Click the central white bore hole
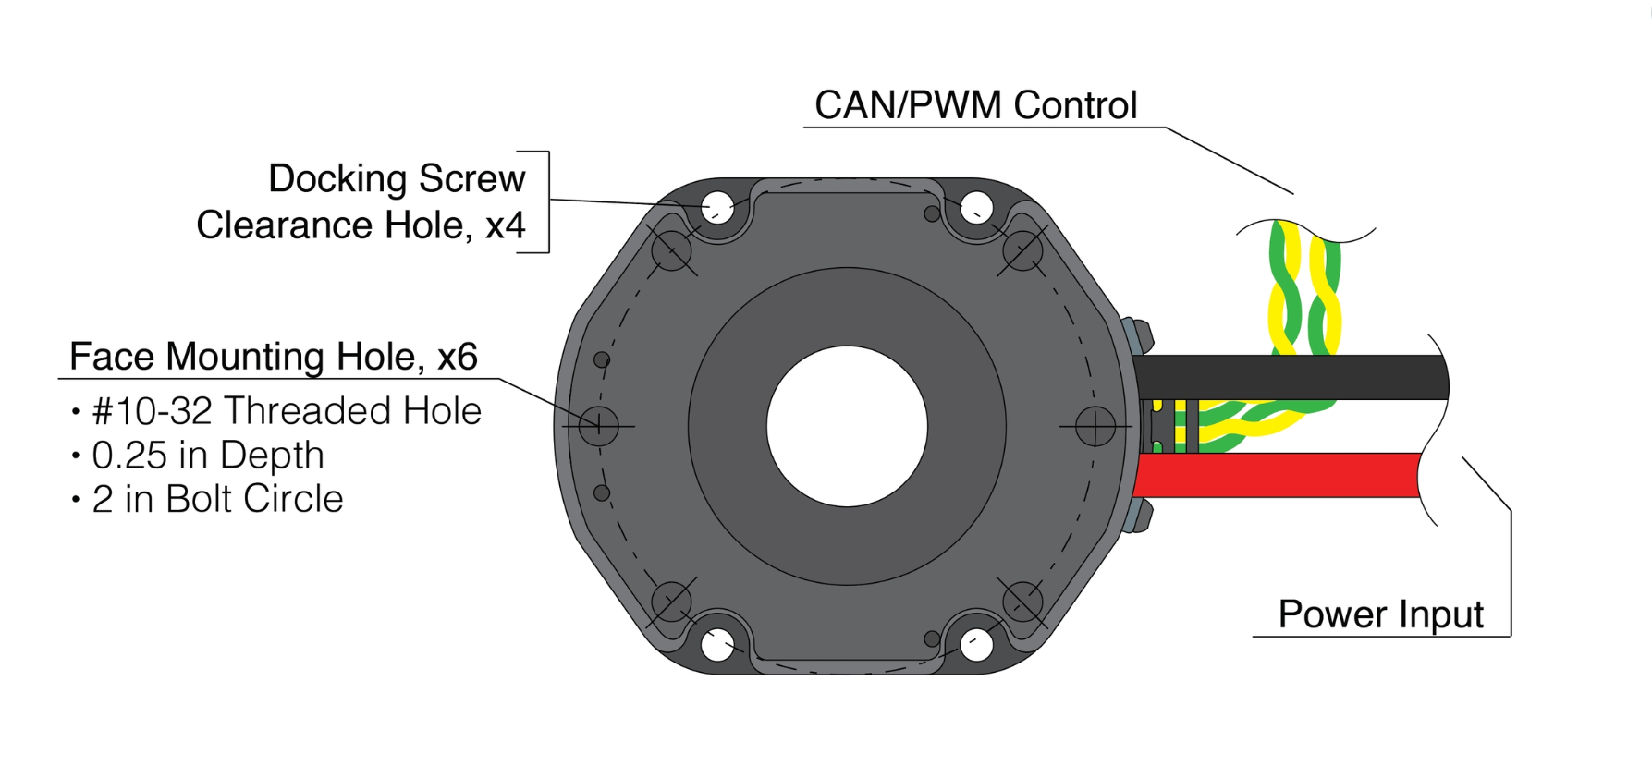point(847,426)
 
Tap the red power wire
point(1276,475)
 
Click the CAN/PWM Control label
point(975,105)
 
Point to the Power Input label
point(1380,614)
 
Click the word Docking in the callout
point(337,178)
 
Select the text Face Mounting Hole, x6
point(273,357)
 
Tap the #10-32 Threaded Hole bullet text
point(287,411)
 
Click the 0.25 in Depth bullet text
point(208,455)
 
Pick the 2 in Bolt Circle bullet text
point(217,499)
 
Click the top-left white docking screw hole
point(717,208)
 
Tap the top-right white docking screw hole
point(976,208)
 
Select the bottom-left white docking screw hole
point(717,644)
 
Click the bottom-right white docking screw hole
point(976,644)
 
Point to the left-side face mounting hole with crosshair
point(599,426)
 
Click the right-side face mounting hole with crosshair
point(1095,426)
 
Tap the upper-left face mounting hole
point(672,249)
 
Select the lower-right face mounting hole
point(1022,602)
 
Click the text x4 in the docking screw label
point(505,225)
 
